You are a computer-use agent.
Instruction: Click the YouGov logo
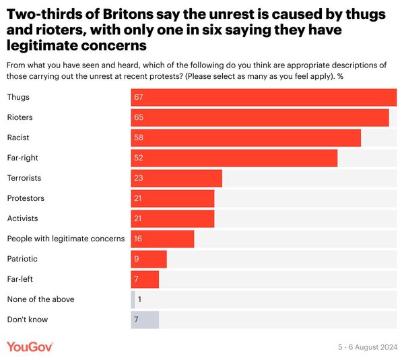(x=30, y=347)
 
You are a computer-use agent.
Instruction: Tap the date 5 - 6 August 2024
(x=368, y=347)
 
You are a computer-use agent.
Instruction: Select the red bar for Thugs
(x=264, y=97)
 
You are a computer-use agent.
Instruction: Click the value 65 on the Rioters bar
(x=139, y=117)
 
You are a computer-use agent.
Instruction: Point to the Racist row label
(x=18, y=138)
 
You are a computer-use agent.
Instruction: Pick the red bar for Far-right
(x=234, y=158)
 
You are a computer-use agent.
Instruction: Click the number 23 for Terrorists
(x=138, y=178)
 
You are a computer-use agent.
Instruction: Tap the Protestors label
(x=26, y=198)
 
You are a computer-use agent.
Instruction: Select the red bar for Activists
(x=172, y=218)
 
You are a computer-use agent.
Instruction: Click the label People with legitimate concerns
(x=66, y=239)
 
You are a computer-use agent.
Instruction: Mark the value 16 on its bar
(x=138, y=239)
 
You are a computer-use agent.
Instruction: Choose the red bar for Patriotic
(x=149, y=259)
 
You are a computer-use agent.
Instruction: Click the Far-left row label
(x=20, y=279)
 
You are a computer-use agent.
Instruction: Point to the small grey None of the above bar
(x=133, y=299)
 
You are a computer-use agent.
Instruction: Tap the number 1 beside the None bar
(x=139, y=299)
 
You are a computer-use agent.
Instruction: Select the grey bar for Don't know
(x=145, y=320)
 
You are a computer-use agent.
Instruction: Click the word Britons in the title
(x=129, y=14)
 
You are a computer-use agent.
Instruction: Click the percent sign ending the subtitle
(x=340, y=76)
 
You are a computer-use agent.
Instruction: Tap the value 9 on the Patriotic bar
(x=137, y=259)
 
